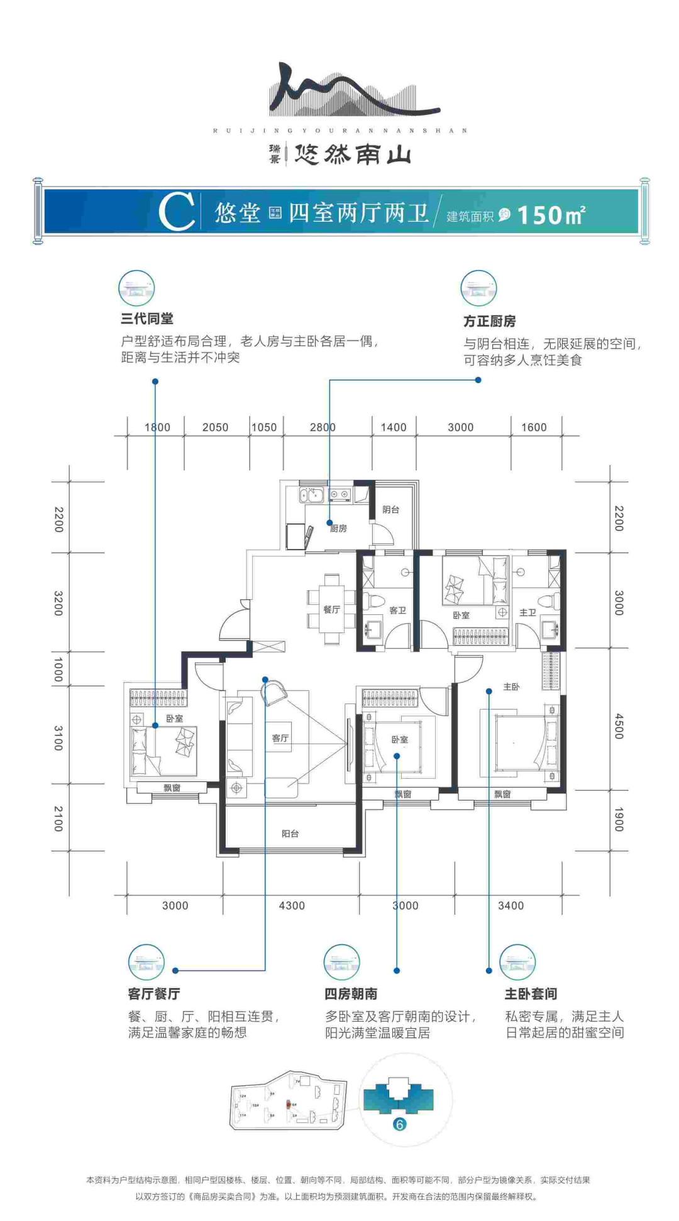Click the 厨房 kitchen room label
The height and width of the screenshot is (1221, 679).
coord(339,528)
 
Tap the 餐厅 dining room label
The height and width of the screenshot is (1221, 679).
coord(331,609)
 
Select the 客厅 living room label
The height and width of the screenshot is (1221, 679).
coord(280,738)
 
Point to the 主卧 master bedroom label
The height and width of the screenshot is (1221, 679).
coord(511,686)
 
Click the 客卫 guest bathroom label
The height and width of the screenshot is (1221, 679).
coord(397,610)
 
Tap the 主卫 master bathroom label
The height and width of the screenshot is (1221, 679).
coord(527,612)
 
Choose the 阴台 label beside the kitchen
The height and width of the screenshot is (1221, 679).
coord(390,509)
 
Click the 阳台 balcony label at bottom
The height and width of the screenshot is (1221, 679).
coord(290,833)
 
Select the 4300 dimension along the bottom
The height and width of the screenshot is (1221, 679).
coord(292,905)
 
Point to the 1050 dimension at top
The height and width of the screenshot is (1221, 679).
coord(264,427)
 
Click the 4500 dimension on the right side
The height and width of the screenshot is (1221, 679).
coord(619,725)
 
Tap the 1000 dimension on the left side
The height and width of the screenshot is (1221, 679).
coord(58,670)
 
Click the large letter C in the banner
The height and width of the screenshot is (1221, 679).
coord(176,212)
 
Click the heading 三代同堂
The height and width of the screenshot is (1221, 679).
coord(147,318)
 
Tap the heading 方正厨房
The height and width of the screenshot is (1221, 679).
coord(490,321)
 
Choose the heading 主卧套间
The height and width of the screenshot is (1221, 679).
coord(531,994)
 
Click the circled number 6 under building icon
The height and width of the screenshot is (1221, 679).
coord(399,1124)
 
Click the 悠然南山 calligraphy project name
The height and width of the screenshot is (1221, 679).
coord(352,153)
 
